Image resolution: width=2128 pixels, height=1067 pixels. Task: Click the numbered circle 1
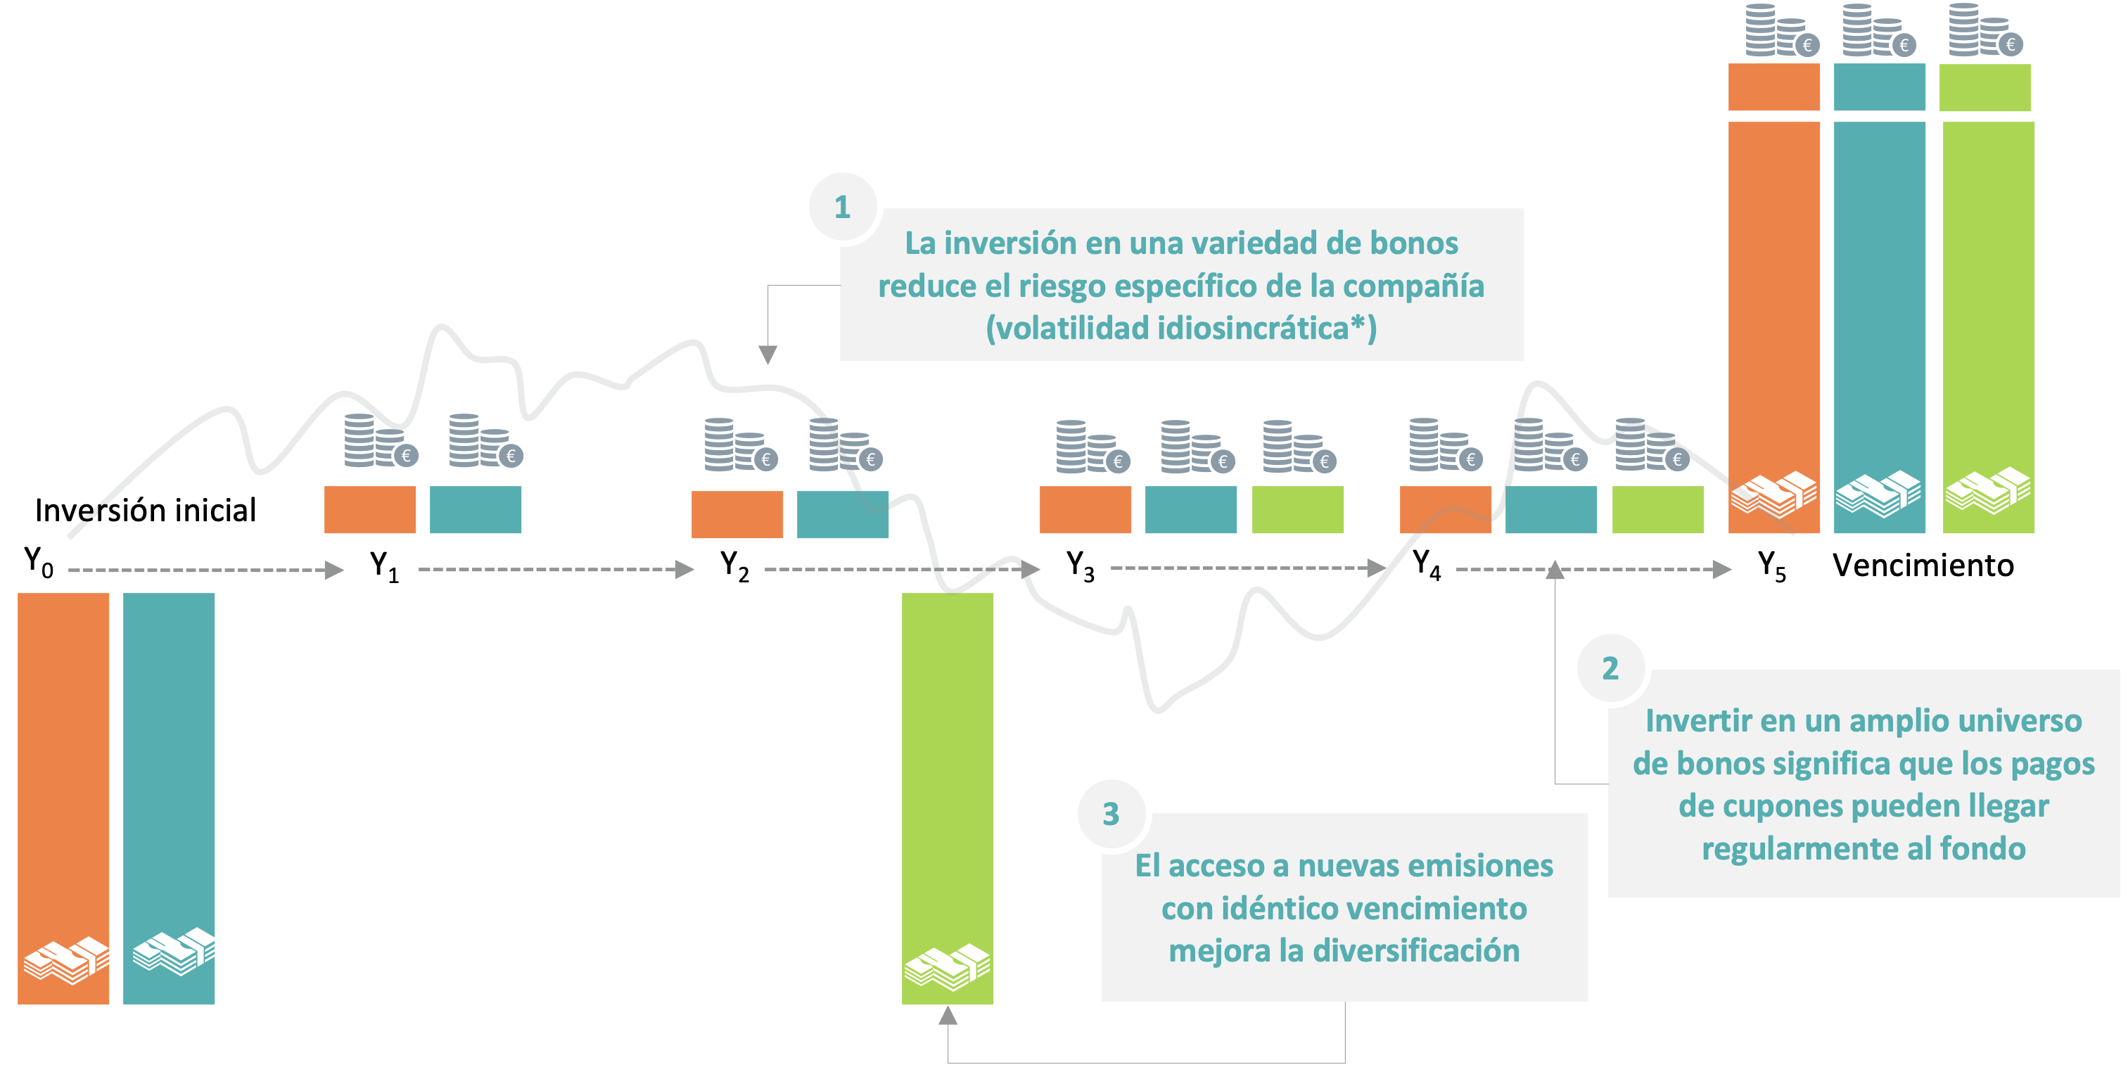[x=843, y=207]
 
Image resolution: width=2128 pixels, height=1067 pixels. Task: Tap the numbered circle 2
[x=1610, y=668]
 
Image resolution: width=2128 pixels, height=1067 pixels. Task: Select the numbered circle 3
[x=1111, y=814]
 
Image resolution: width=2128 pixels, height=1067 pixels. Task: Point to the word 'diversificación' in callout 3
[x=1416, y=950]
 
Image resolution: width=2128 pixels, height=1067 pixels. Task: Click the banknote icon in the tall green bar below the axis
[x=948, y=966]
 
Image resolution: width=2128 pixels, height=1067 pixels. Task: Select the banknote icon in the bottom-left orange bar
[x=66, y=959]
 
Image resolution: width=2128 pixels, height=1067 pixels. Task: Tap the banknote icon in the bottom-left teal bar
[x=175, y=952]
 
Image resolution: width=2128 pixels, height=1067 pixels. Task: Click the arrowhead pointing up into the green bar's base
[x=948, y=1015]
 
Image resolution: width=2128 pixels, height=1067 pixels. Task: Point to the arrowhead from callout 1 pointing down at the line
[x=768, y=355]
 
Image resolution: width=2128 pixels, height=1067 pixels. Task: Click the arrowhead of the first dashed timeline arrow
[x=335, y=570]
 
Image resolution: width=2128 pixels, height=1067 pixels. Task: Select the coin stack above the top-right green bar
[x=1985, y=32]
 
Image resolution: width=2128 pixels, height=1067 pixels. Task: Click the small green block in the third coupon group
[x=1298, y=509]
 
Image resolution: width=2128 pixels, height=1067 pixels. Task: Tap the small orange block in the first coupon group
[x=370, y=509]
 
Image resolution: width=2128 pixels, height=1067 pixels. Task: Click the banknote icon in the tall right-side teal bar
[x=1878, y=493]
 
